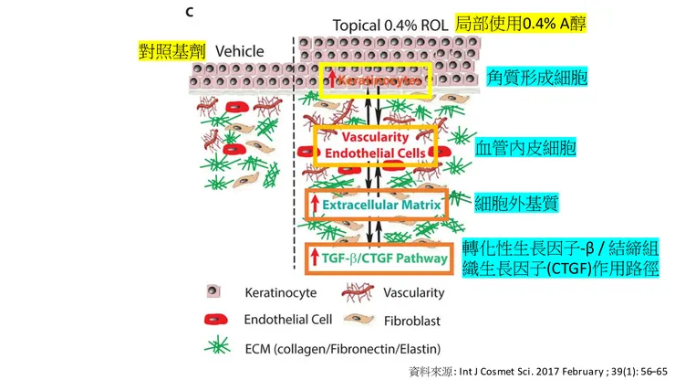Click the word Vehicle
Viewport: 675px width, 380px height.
pos(239,51)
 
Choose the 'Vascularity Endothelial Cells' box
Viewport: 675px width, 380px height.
pos(376,143)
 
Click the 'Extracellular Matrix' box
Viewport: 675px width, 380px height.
pos(378,205)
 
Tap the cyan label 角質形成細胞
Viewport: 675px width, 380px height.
pos(539,79)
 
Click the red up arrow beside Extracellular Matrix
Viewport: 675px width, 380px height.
pos(314,205)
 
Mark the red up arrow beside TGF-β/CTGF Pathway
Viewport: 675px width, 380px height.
pos(313,259)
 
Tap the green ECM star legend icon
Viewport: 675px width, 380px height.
pos(213,348)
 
